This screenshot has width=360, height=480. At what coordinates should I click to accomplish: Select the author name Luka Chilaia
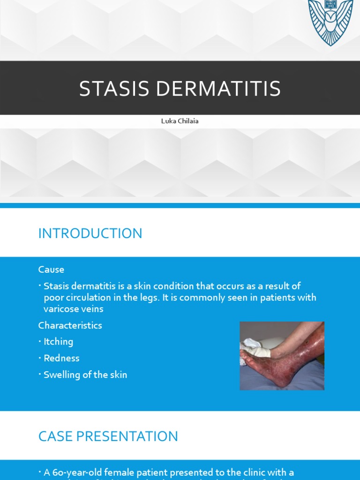tap(180, 121)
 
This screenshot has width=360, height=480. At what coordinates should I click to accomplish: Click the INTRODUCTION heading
tap(90, 233)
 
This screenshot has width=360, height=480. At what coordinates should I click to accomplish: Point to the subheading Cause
tap(51, 270)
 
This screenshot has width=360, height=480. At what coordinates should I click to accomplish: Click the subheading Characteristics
tap(70, 325)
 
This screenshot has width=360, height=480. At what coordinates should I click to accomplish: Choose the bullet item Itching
tap(58, 342)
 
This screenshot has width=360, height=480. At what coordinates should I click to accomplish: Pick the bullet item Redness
tap(61, 358)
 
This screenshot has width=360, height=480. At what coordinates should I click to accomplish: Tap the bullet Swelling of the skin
tap(85, 375)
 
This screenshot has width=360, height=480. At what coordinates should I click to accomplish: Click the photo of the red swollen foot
tap(282, 356)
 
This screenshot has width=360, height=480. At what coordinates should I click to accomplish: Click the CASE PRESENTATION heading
tap(108, 436)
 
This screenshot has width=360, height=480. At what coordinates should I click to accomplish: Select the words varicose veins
tap(73, 309)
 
